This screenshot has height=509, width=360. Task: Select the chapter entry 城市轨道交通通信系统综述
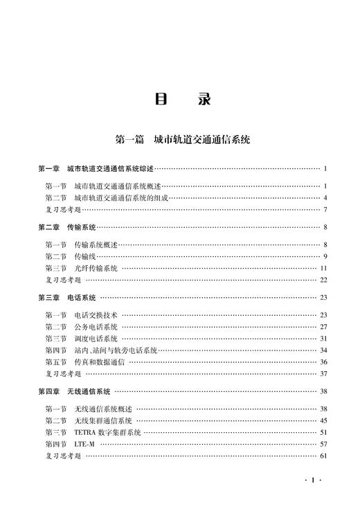[x=111, y=168]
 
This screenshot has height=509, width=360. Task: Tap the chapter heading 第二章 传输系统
[x=67, y=226]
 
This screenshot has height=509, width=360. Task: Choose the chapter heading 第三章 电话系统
[x=67, y=297]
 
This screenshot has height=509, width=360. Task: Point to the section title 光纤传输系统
[x=96, y=268]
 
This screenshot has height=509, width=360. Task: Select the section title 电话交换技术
[x=96, y=315]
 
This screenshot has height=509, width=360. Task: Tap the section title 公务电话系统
[x=96, y=327]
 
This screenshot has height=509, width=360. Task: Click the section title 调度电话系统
[x=96, y=339]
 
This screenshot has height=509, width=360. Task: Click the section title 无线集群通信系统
[x=104, y=420]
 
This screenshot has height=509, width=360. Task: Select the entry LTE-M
[x=85, y=444]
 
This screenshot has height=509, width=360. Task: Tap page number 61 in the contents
[x=323, y=456]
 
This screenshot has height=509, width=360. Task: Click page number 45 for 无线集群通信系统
[x=323, y=420]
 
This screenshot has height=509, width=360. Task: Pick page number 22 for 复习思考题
[x=323, y=280]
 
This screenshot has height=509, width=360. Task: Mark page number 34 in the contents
[x=323, y=350]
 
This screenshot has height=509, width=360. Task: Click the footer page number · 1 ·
[x=314, y=480]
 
